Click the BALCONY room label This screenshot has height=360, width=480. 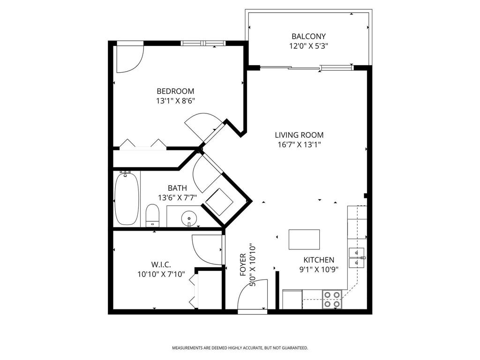[308, 37]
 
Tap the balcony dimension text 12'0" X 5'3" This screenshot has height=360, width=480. [308, 46]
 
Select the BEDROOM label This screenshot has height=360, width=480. [175, 91]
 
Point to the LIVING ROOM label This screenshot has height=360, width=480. [299, 135]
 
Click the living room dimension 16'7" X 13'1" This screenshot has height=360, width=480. [299, 144]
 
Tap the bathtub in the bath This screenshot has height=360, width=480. [127, 199]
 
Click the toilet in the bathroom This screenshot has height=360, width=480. [153, 216]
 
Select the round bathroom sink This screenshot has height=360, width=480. [188, 218]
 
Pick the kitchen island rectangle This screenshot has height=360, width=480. [304, 240]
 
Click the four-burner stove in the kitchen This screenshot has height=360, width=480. [332, 299]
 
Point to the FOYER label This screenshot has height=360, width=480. [243, 265]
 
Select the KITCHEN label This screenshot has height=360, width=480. [319, 260]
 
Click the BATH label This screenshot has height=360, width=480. [177, 188]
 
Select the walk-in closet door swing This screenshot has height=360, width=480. [206, 248]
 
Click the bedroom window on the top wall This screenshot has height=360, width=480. [203, 44]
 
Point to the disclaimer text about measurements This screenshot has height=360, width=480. [240, 348]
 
